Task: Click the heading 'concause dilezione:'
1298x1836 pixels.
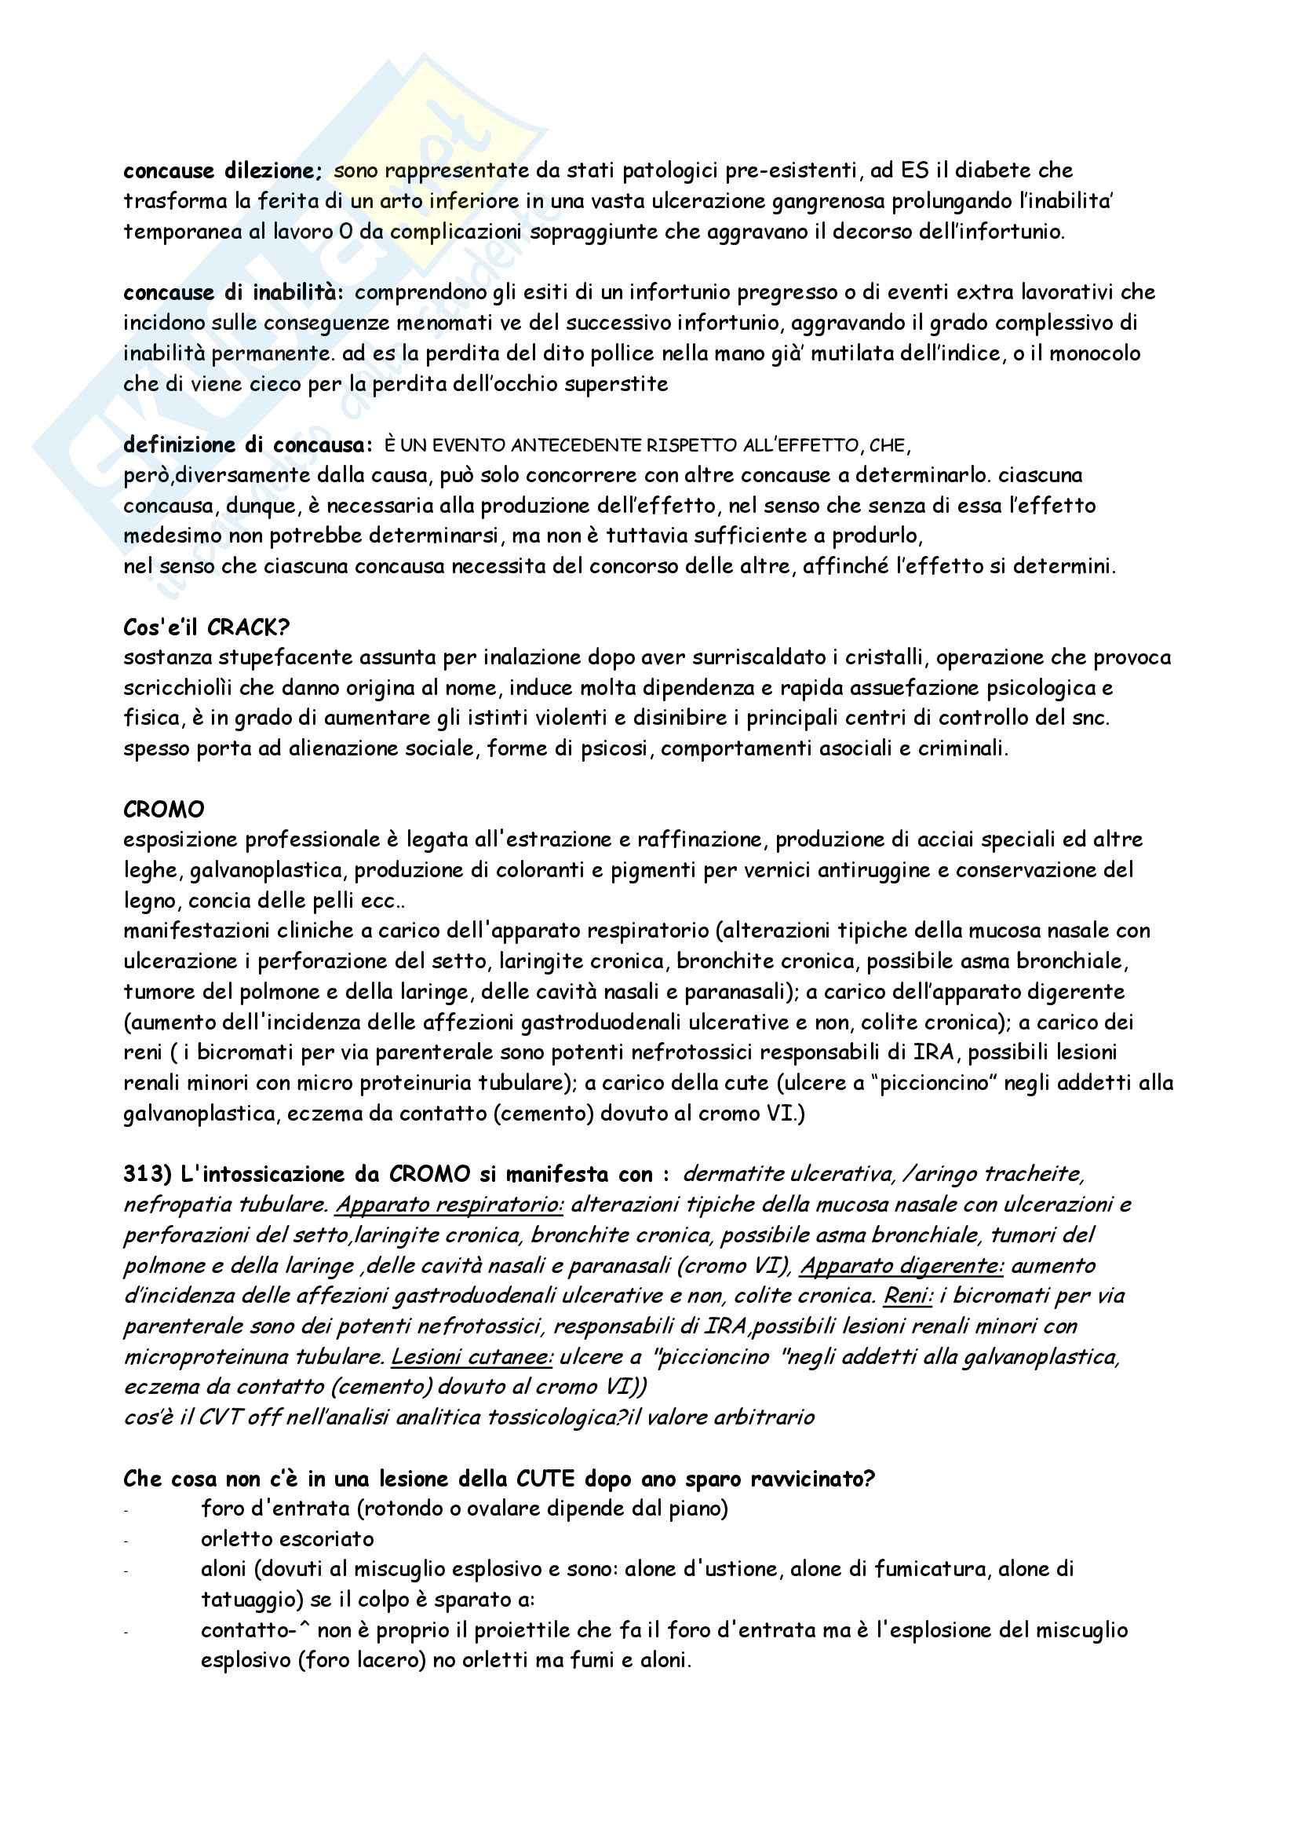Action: tap(222, 171)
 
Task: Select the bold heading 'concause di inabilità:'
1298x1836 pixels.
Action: tap(233, 293)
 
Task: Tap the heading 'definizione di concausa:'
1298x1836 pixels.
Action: tap(248, 445)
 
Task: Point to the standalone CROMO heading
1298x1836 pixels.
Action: tap(164, 810)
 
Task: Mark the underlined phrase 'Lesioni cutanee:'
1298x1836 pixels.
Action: tap(472, 1357)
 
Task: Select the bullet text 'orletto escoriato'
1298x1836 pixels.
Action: tap(288, 1539)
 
